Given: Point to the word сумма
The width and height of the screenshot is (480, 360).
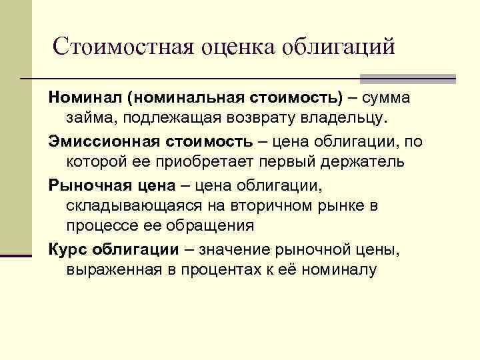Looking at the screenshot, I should click(x=387, y=98).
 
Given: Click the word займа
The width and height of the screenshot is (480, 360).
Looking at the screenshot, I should click(x=88, y=119).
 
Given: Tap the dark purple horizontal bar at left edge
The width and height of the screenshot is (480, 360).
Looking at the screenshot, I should click(x=16, y=254).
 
